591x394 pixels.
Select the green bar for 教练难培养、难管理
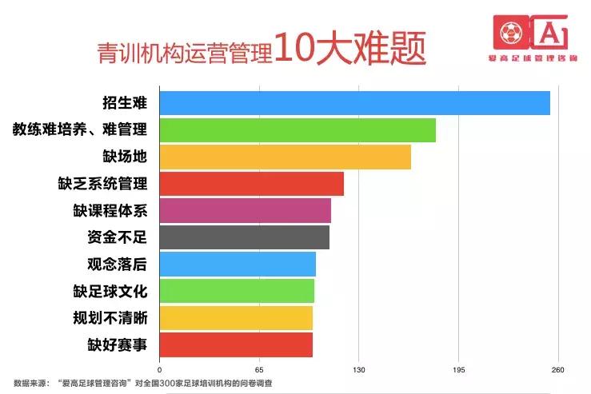point(297,130)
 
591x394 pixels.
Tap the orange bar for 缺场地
point(286,157)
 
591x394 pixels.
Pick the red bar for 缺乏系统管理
point(252,184)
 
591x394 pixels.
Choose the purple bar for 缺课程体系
point(246,211)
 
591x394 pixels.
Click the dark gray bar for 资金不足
point(245,237)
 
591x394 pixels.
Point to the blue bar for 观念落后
point(238,265)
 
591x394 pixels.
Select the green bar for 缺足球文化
point(237,291)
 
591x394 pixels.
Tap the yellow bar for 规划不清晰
point(236,318)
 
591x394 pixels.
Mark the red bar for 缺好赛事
point(236,344)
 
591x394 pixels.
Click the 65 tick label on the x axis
point(259,370)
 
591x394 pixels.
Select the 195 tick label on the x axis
point(458,370)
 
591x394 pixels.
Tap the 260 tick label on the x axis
point(558,370)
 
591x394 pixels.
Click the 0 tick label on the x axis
point(160,370)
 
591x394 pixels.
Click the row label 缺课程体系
point(110,211)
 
